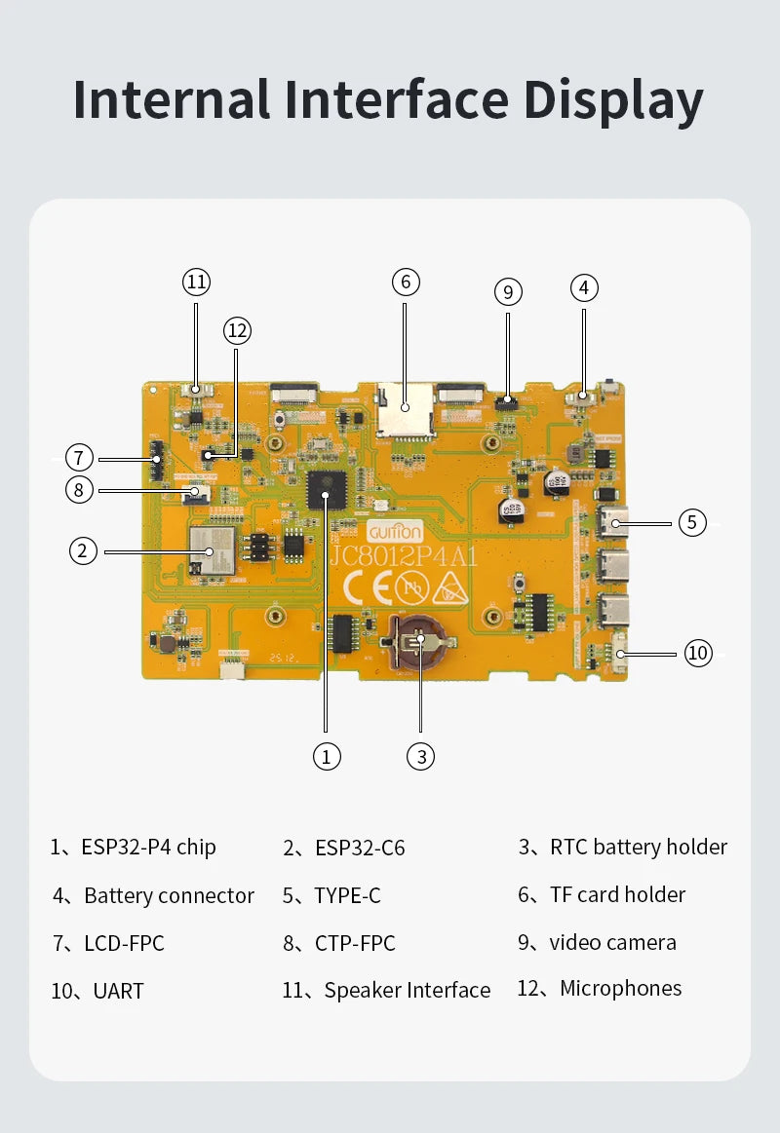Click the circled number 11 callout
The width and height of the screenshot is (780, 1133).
[197, 283]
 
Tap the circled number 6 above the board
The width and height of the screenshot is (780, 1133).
[406, 283]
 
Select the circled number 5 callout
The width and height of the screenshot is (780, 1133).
[691, 522]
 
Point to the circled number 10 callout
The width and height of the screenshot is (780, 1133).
[698, 653]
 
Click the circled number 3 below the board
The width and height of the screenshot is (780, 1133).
[420, 756]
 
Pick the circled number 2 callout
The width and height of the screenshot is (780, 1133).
[84, 551]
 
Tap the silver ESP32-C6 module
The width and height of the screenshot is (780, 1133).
[214, 551]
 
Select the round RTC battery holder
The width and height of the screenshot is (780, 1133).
[420, 641]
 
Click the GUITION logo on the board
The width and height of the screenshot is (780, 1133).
[395, 532]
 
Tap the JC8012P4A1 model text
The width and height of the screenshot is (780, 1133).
[404, 557]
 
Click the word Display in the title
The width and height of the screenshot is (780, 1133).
[613, 100]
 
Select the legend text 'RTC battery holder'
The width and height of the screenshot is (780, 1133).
[638, 848]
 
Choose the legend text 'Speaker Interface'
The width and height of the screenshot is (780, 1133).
[407, 991]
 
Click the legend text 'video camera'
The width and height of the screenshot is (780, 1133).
[612, 943]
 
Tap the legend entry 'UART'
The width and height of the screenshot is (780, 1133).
[118, 992]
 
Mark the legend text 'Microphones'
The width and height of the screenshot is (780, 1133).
[620, 989]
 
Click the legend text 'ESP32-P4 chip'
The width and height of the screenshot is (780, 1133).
[148, 848]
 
